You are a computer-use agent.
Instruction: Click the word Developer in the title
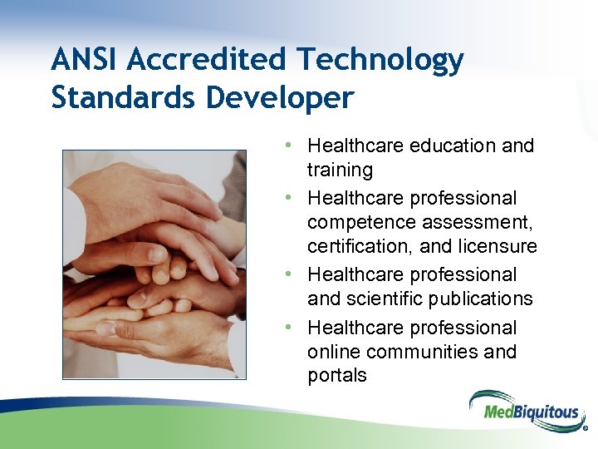click(280, 99)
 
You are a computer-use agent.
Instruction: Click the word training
click(340, 170)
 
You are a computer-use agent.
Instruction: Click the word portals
click(336, 376)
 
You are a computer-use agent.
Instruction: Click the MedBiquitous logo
click(522, 410)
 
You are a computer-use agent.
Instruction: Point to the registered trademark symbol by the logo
click(586, 431)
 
